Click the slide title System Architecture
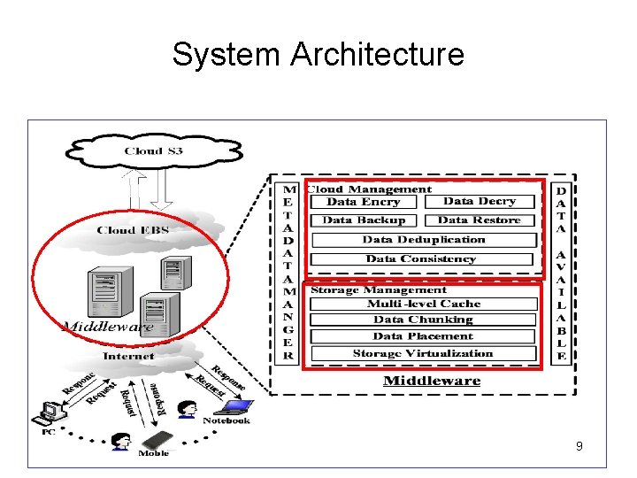pos(318,54)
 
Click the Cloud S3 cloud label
pos(154,151)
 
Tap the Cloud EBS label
pos(133,230)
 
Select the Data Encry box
pos(363,202)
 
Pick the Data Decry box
pos(479,202)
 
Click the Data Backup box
pos(364,220)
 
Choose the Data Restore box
pos(479,220)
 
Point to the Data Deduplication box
pos(424,240)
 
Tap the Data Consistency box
pos(421,259)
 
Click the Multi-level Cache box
pos(424,305)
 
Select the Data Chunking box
pos(423,320)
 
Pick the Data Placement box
pos(423,336)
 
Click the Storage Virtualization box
pos(423,354)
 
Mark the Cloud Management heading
pos(369,189)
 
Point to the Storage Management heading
pos(379,290)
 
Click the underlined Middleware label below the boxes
pos(432,382)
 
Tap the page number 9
pos(579,447)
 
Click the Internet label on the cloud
pos(128,357)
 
